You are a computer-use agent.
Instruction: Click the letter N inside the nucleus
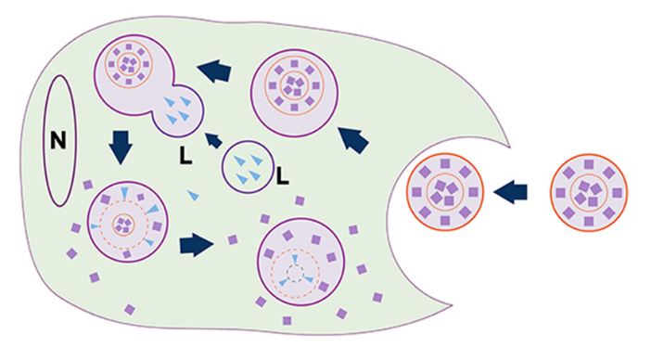point(58,140)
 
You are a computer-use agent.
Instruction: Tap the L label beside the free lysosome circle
point(283,175)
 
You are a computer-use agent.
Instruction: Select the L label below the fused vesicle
point(185,156)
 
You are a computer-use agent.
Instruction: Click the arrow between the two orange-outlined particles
point(511,192)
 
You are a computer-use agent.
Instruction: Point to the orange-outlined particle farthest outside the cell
point(589,193)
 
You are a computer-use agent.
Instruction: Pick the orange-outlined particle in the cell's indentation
point(445,192)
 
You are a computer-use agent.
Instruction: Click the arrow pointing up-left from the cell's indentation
point(353,139)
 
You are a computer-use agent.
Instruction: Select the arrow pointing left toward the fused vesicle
point(215,71)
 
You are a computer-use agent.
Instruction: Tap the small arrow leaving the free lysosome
point(213,140)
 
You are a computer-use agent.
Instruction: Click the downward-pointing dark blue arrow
point(121,147)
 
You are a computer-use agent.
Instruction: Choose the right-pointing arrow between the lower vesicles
point(197,245)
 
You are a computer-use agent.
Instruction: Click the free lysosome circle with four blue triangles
point(249,167)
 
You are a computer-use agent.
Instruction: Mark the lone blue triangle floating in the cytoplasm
point(193,195)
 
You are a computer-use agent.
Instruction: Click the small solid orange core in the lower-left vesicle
point(123,225)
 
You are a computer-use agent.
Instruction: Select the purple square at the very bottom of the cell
point(287,321)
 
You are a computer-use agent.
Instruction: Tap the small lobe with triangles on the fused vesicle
point(178,111)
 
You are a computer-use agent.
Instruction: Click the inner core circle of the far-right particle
point(589,193)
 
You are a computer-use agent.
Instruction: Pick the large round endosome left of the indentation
point(294,93)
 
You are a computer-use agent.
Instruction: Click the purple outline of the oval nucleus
point(45,141)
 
